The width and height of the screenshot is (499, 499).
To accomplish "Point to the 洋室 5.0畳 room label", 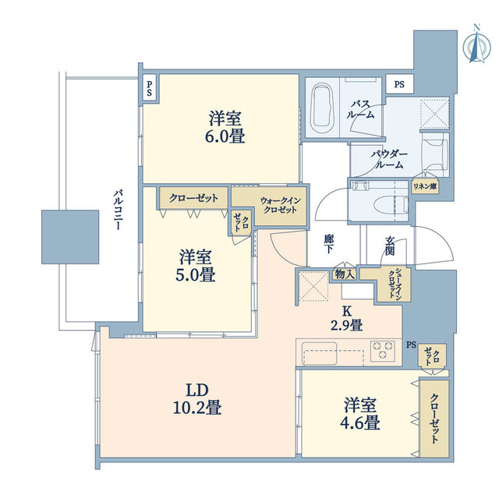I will pos(196,265).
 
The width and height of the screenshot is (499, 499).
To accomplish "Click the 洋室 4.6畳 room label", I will pos(362,415).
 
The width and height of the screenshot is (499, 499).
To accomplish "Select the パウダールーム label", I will pos(388,159).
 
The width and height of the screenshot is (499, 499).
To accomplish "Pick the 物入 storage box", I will pos(345,273).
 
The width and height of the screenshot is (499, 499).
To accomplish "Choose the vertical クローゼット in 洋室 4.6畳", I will pos(430,417).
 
